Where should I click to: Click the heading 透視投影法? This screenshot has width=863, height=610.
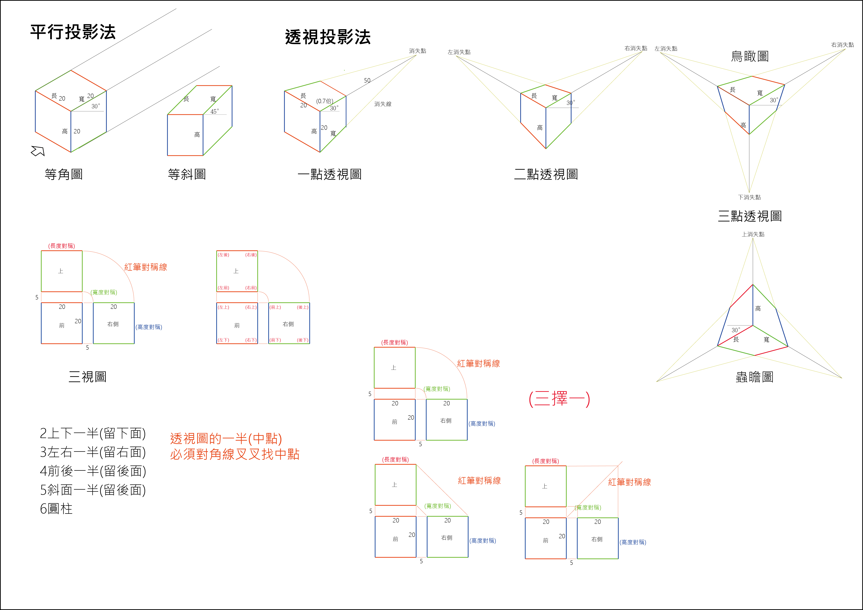tap(328, 37)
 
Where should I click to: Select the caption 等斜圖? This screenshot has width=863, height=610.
tap(187, 174)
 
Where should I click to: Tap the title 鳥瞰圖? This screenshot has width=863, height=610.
tap(750, 56)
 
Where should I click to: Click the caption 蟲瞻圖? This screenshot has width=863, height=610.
tap(754, 377)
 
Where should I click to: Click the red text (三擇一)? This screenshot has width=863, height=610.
tap(559, 399)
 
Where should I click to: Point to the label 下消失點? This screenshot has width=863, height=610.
tap(749, 197)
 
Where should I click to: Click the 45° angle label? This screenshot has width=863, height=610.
tap(214, 112)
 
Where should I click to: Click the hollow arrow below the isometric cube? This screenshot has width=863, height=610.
tap(38, 151)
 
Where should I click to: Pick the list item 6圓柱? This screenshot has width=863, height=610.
tap(56, 509)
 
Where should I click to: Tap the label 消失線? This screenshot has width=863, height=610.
tap(383, 104)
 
